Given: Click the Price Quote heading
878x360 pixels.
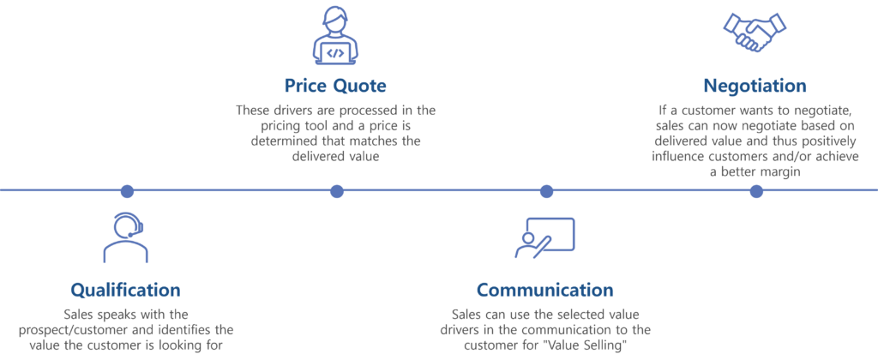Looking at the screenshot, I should click(336, 86).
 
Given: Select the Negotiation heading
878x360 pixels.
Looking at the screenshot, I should click(755, 86).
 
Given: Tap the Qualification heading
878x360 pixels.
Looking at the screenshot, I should click(125, 289).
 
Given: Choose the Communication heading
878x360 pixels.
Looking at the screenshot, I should click(544, 289).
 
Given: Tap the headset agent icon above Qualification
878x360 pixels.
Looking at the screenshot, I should click(125, 237).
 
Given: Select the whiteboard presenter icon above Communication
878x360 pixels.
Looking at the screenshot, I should click(544, 237).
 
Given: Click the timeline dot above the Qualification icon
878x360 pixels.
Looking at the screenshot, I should click(127, 190).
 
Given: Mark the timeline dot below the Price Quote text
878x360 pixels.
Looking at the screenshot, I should click(337, 190).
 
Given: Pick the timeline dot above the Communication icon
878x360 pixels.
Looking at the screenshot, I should click(546, 190).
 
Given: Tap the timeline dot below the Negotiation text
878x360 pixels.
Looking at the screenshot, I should click(755, 190).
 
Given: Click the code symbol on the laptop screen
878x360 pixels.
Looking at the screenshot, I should click(336, 53).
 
